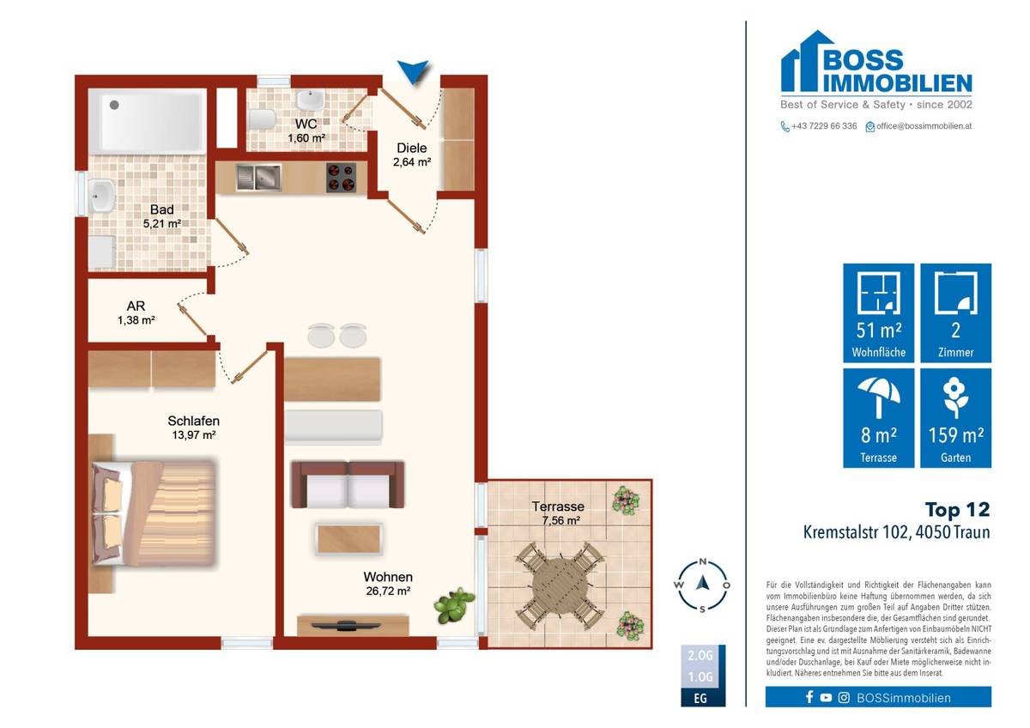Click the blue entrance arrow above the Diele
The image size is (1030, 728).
(415, 73)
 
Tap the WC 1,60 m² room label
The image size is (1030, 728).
(306, 130)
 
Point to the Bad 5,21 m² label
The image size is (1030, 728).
(161, 216)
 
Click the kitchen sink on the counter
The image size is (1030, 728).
(257, 178)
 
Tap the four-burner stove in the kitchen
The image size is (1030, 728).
(341, 178)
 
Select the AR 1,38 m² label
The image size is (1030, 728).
(136, 313)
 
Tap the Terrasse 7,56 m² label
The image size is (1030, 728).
(557, 513)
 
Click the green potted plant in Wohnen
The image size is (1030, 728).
(454, 605)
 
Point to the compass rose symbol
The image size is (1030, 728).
(702, 584)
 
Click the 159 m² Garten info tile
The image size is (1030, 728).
(955, 418)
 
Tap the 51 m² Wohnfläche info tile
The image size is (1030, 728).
(878, 312)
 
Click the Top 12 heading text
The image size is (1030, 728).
(956, 509)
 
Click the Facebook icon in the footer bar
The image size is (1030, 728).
(809, 697)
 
